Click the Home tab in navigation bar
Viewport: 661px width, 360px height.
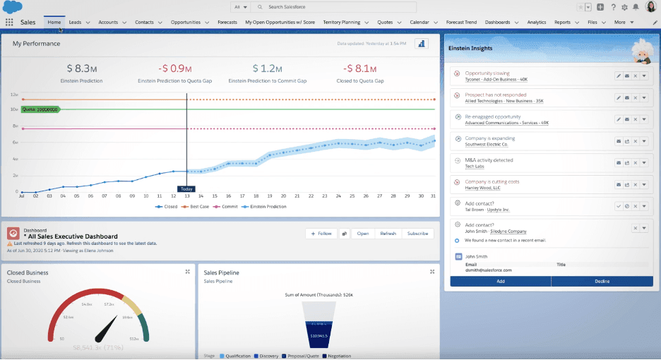(x=54, y=22)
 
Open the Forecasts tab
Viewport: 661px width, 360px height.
(x=227, y=22)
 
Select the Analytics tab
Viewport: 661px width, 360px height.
(x=537, y=22)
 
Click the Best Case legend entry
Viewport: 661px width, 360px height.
(x=198, y=207)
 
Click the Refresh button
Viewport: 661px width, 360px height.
(x=388, y=233)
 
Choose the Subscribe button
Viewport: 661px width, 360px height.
(x=417, y=233)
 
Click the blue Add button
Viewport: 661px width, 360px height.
(x=500, y=280)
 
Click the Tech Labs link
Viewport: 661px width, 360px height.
(x=474, y=167)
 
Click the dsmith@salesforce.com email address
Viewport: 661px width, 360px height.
(x=488, y=270)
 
